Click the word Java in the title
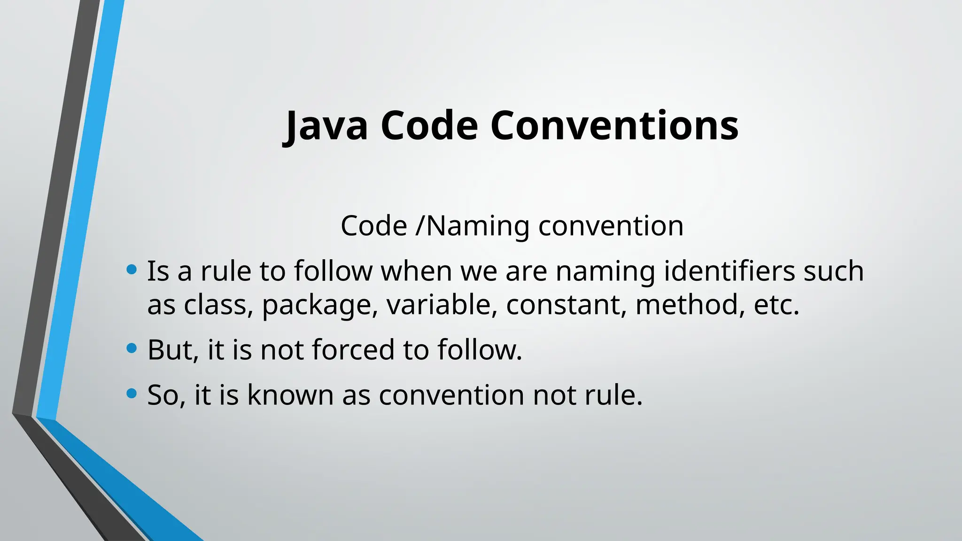326,126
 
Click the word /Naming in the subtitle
473,226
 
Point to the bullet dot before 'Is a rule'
132,270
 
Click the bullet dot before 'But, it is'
132,348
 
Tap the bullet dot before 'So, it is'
132,393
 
